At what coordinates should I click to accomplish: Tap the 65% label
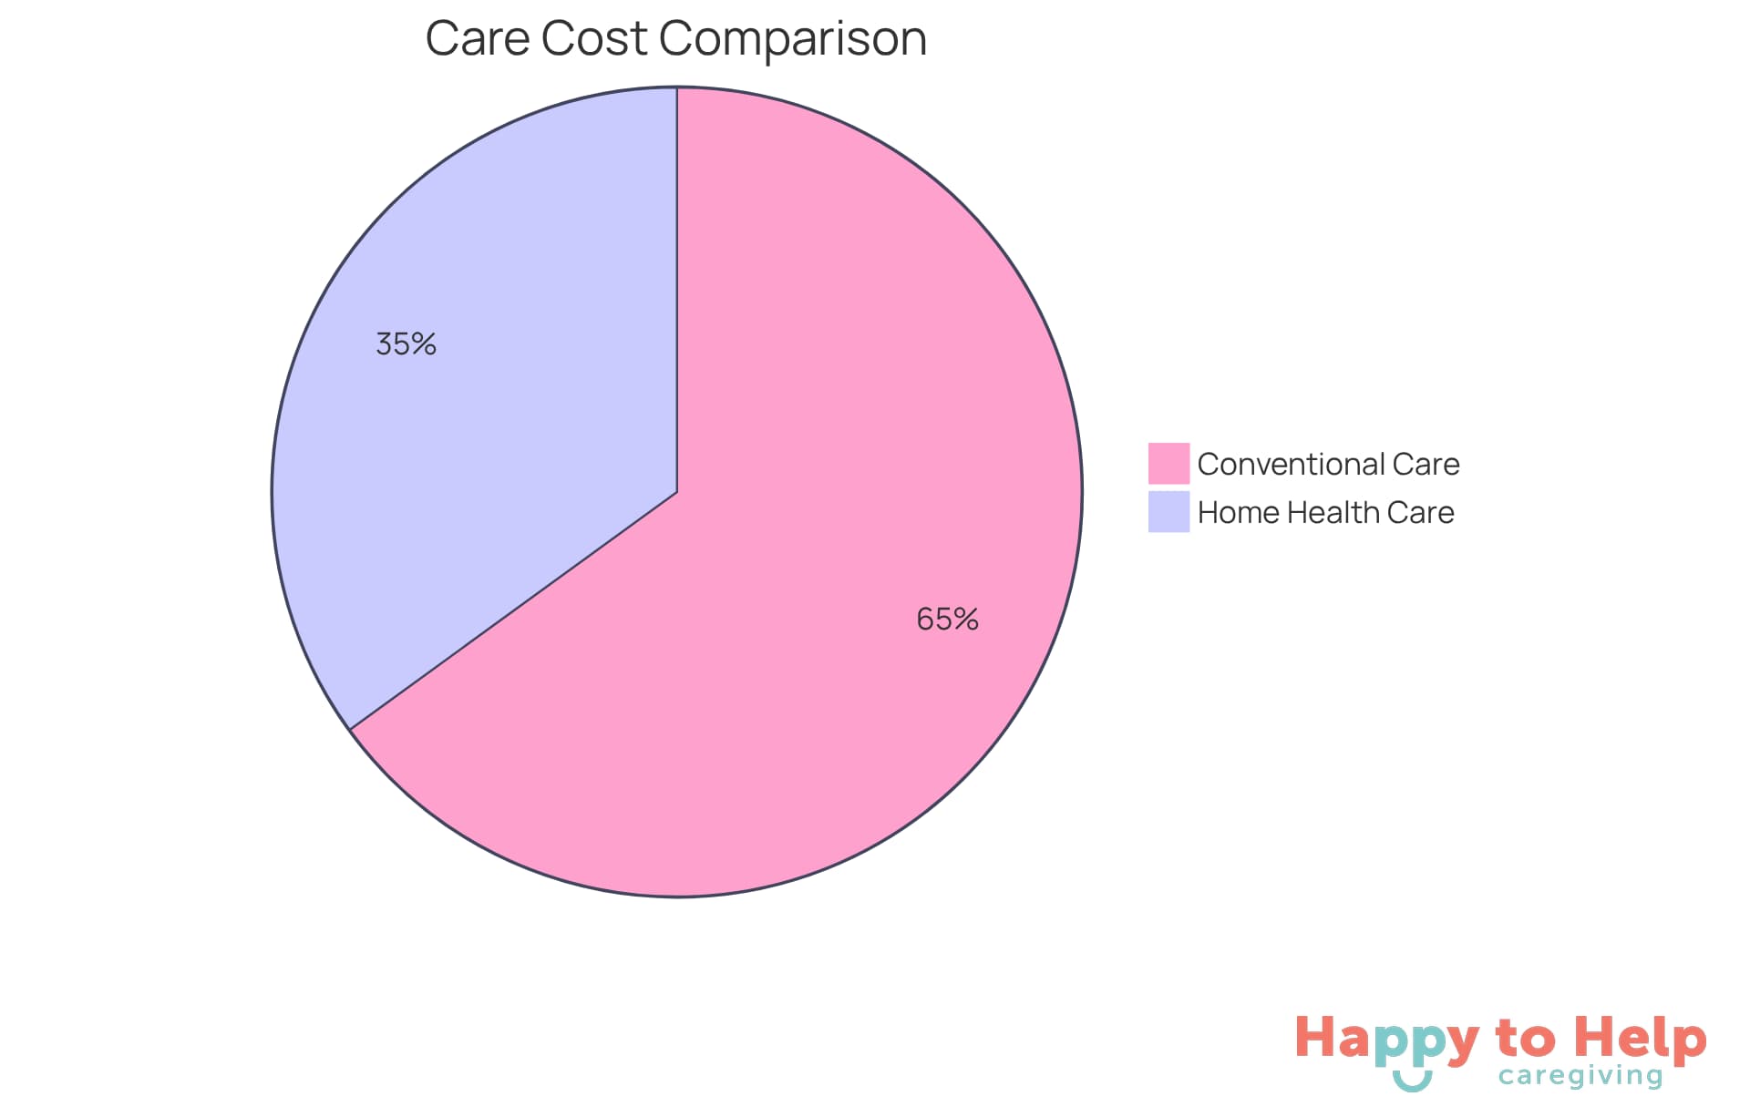point(947,620)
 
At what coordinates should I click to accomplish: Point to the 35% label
point(406,344)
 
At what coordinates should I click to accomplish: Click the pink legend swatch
point(1168,463)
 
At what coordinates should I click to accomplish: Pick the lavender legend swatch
point(1168,511)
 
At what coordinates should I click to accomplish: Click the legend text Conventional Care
point(1328,465)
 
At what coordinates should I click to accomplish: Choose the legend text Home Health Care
point(1325,513)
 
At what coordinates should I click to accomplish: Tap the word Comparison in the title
point(792,39)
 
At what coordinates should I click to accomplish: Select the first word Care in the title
point(477,39)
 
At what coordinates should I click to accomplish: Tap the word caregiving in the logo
point(1580,1076)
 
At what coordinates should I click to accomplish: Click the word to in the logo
point(1526,1039)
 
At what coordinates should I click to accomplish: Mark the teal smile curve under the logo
point(1412,1083)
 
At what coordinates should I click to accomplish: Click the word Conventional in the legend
point(1291,465)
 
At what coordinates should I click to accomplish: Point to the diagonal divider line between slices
point(513,610)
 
